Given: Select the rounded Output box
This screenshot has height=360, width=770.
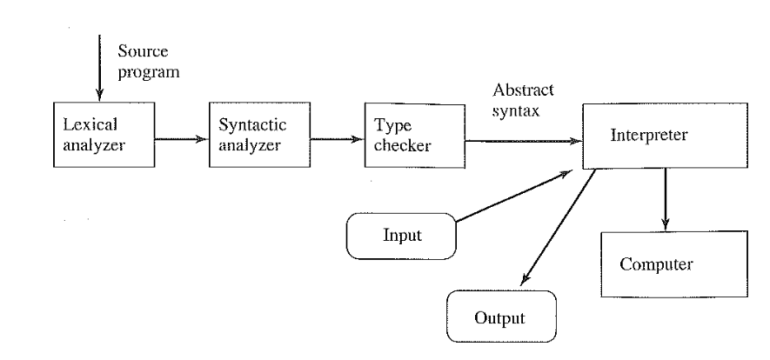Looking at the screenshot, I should click(500, 317).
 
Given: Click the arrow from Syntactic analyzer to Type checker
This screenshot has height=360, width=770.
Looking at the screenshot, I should click(335, 137).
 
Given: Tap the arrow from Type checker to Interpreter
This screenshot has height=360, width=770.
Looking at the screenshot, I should click(522, 138).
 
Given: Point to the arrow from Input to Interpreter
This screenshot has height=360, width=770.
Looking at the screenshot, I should click(513, 197).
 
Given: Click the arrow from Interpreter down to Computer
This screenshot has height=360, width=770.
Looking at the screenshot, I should click(666, 200).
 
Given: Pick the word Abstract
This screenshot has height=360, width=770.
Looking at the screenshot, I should click(524, 90).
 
